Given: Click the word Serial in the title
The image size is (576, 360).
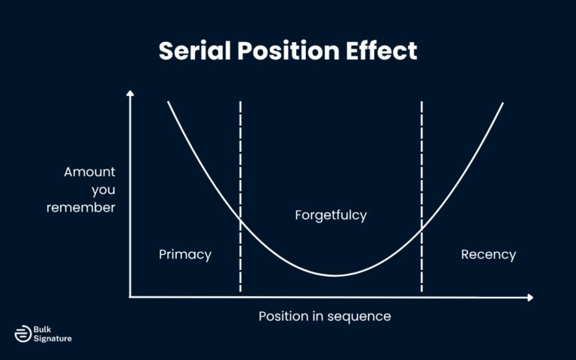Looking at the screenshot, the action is tap(195, 50).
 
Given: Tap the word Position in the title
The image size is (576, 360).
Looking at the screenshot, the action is tap(288, 50).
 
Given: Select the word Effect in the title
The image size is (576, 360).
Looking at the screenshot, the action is tap(381, 50).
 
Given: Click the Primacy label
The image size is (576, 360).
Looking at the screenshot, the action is tap(185, 254).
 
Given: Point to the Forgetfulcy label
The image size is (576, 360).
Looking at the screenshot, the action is tap(331, 215).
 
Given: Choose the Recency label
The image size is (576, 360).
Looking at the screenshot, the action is tap(488, 254).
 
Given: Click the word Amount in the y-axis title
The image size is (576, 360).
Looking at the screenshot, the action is tap(90, 172).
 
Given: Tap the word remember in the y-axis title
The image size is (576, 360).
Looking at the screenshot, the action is tap(81, 208).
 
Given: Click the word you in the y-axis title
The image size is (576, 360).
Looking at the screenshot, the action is tap(103, 190).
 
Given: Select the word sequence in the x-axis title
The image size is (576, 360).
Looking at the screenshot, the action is tap(359, 316).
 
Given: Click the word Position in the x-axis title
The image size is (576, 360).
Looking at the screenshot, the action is tap(283, 316).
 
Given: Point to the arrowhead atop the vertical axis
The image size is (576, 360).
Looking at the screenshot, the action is tap(130, 93).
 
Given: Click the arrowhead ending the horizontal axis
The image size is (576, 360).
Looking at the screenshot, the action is tap(530, 298).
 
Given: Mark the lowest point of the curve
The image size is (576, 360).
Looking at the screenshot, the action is tap(334, 275).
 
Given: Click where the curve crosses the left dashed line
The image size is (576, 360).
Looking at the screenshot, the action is tap(241, 219).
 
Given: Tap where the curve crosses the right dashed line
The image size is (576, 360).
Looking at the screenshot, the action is tap(421, 229).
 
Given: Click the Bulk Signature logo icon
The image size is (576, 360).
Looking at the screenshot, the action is tap(23, 334).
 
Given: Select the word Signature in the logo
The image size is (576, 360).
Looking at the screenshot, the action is tap(52, 339).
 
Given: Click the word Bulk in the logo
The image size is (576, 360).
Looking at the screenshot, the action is tap(42, 329).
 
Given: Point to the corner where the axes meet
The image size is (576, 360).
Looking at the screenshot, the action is tap(130, 297).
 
